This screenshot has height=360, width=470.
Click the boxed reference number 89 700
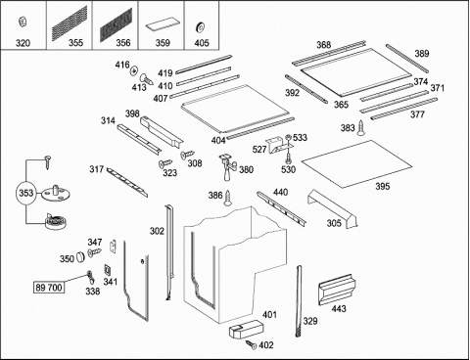click(49, 288)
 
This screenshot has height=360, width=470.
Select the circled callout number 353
click(25, 193)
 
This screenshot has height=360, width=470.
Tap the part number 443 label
click(339, 308)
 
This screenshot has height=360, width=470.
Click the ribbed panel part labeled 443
click(337, 290)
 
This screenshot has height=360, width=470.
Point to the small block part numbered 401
click(246, 329)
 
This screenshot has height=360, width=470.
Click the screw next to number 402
click(252, 344)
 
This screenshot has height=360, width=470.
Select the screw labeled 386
click(227, 198)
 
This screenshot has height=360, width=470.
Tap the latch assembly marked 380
click(227, 166)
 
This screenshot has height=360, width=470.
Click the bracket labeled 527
click(278, 145)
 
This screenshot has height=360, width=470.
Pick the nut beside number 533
click(288, 138)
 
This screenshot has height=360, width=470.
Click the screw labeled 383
click(360, 128)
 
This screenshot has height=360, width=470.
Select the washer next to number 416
click(134, 70)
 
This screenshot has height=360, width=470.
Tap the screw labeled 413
click(147, 79)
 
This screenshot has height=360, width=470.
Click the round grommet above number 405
click(200, 27)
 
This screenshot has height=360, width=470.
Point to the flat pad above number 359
click(163, 26)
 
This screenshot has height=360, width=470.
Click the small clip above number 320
click(23, 22)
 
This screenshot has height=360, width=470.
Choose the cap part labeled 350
click(79, 257)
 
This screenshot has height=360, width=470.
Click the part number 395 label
click(382, 186)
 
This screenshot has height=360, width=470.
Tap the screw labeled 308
click(187, 155)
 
